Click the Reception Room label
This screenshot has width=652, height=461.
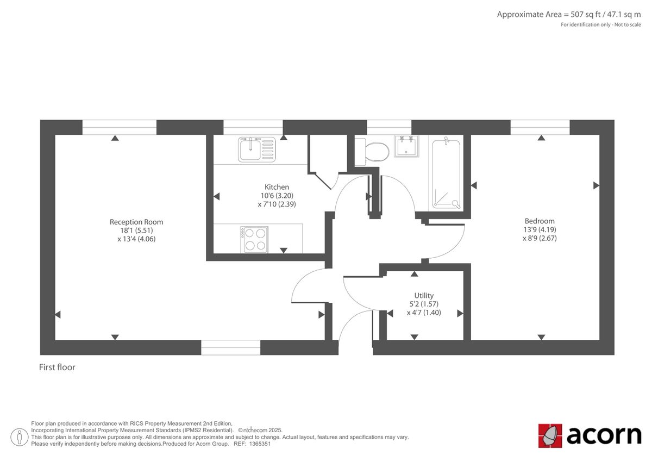136,222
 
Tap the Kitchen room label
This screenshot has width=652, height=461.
277,187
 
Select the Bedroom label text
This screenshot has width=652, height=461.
540,221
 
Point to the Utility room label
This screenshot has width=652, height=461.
424,296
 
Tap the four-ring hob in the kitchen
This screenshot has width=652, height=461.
254,239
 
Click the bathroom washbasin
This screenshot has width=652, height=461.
406,146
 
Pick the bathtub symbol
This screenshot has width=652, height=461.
446,175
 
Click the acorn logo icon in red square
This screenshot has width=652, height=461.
550,435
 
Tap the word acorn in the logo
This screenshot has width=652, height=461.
604,435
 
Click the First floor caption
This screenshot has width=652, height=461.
57,367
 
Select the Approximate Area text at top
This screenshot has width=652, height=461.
569,15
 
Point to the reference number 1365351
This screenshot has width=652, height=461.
260,444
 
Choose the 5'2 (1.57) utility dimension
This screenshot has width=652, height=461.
424,304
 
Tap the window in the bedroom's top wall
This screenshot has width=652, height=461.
540,127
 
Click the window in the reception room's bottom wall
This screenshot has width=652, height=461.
230,347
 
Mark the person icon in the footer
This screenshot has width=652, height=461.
20,437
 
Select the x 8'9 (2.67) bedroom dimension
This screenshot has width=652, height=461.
540,238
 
